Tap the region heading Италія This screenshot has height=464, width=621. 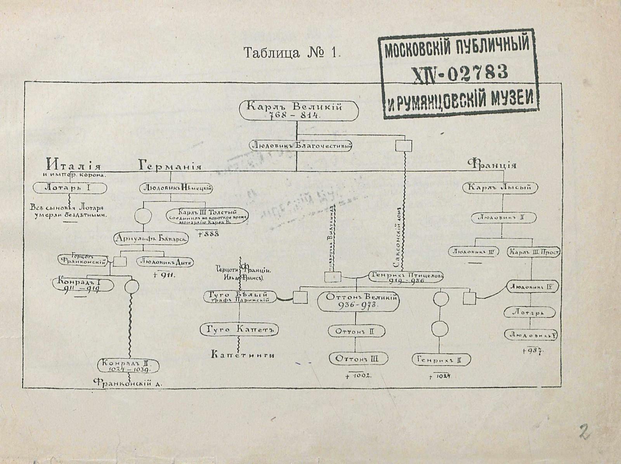74,164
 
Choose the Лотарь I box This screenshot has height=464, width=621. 70,188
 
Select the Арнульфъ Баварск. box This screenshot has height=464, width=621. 151,239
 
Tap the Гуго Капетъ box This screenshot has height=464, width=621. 239,330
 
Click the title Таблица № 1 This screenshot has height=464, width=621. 291,52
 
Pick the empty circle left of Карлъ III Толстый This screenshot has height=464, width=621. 143,217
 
